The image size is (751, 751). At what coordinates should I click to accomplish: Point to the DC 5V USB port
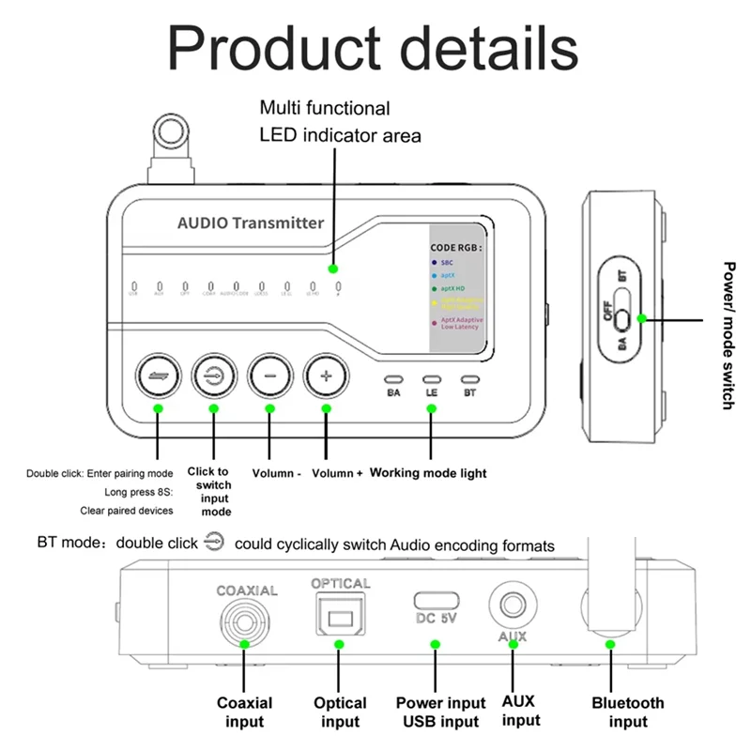[435, 601]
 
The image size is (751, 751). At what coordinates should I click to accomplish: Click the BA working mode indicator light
[393, 377]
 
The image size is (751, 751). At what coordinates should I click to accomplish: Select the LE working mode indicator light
[431, 377]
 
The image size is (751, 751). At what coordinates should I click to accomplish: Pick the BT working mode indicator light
[469, 377]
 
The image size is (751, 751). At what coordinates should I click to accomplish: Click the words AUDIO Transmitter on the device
[251, 222]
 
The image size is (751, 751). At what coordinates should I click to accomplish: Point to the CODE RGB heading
[456, 247]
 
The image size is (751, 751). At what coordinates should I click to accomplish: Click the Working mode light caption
[428, 473]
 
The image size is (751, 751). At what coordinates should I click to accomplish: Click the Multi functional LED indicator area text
[340, 122]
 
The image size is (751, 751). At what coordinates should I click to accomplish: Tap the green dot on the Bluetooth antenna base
[610, 645]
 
